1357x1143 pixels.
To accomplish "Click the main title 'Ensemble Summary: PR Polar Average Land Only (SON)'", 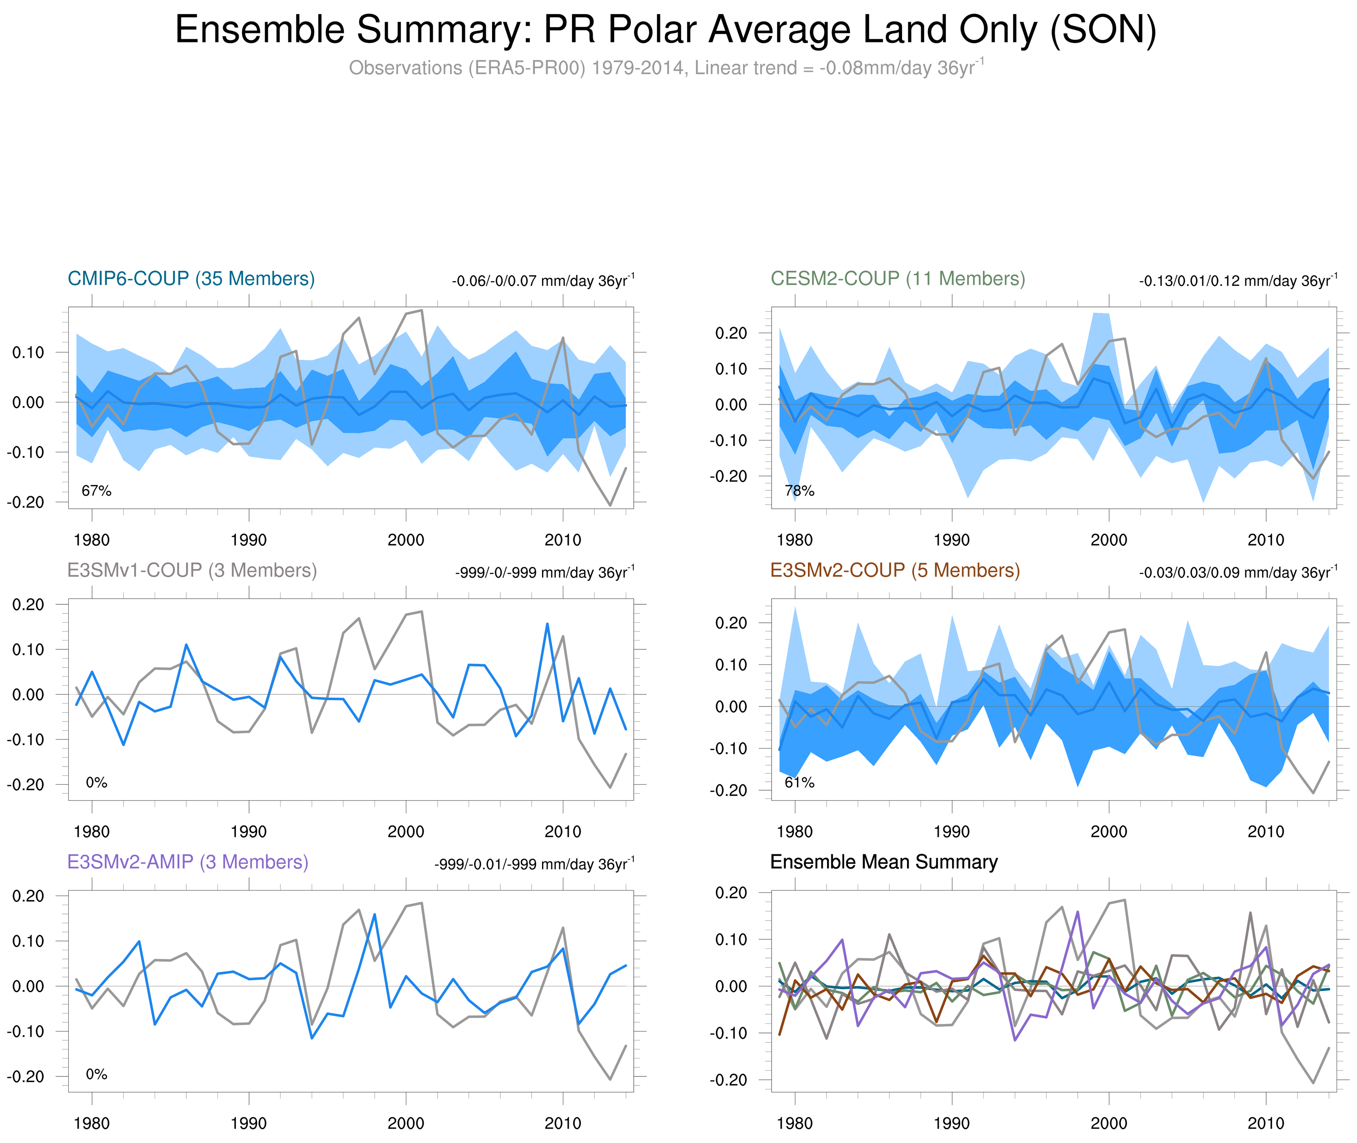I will tap(665, 30).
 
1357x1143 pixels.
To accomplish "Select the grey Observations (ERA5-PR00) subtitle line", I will tap(665, 67).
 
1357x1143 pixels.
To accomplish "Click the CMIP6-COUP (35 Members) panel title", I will tap(191, 279).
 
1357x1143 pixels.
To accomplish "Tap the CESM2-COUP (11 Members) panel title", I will tap(897, 279).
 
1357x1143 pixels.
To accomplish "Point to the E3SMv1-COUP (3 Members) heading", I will tap(192, 570).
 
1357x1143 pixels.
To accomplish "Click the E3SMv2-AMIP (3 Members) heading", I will tap(188, 862).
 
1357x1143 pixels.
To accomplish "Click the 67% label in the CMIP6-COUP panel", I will tap(97, 491).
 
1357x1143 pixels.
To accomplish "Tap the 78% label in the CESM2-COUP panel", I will tap(800, 491).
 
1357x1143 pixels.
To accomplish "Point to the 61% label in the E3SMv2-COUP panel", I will tap(800, 783).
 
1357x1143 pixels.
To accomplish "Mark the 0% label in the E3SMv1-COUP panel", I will tap(97, 783).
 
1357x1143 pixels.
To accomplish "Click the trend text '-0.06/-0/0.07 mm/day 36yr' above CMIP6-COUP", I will tap(543, 281).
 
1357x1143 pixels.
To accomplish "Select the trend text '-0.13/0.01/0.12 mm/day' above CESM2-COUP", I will tap(1238, 281).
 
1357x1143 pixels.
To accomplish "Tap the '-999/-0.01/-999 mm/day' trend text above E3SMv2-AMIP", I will tap(534, 864).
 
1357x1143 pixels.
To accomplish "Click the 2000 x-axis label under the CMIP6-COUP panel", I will tap(406, 540).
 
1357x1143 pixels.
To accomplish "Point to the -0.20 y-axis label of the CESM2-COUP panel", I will tap(728, 476).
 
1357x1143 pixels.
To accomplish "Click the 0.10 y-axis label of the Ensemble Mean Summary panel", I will tap(731, 940).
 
